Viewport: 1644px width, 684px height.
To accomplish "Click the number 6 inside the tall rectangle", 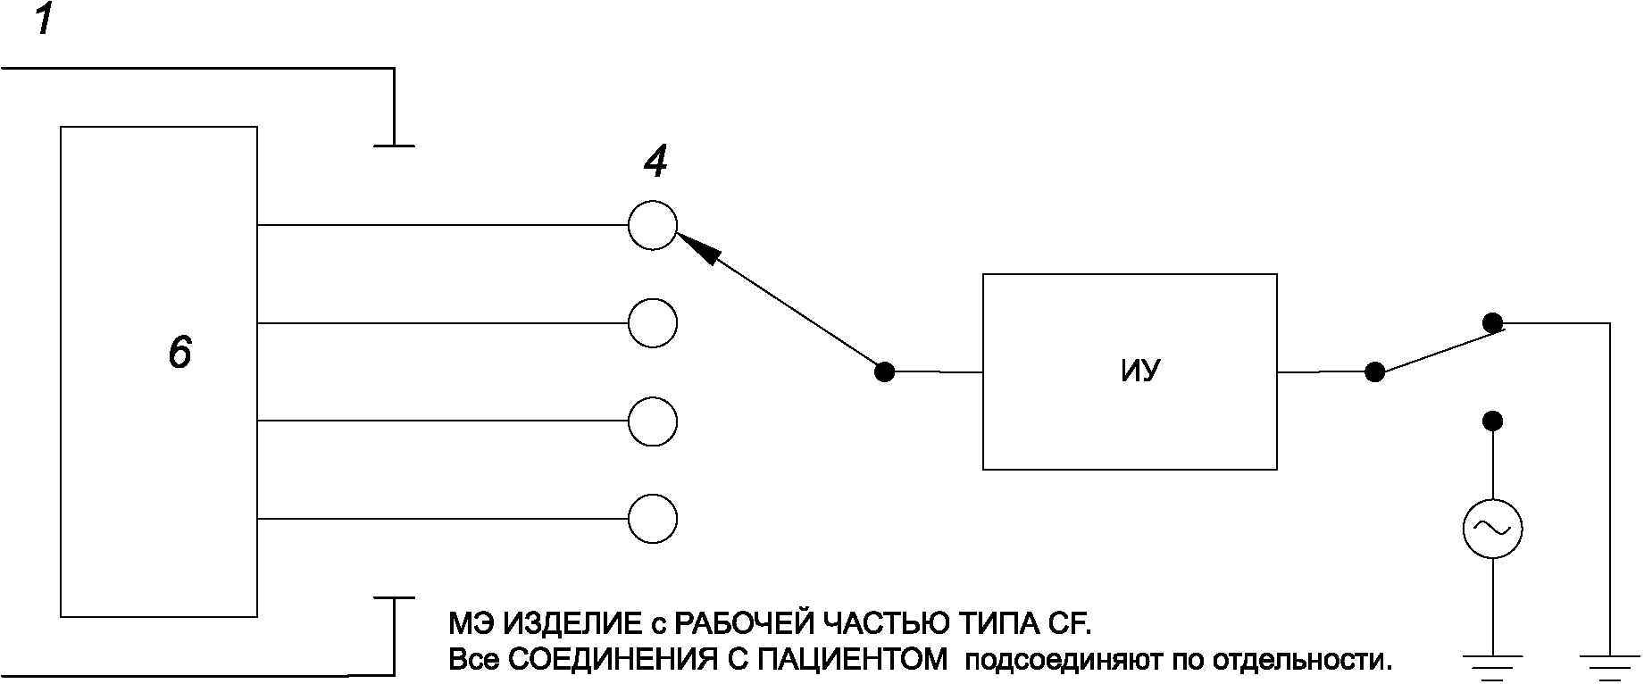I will [179, 354].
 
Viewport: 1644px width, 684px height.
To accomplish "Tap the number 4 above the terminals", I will [655, 163].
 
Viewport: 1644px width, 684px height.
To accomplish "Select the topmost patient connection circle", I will [653, 225].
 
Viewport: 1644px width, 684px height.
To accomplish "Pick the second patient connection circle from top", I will [653, 322].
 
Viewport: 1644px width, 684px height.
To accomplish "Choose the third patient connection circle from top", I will [653, 421].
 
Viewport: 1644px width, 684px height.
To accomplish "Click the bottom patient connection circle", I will [653, 519].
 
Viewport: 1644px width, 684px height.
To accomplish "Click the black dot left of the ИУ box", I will [884, 371].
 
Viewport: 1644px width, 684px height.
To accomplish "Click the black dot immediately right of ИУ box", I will [1375, 371].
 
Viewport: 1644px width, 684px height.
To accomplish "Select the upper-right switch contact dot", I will [1491, 322].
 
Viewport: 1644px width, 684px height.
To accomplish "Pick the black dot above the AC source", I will [1491, 421].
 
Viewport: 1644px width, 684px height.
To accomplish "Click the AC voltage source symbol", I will [1491, 529].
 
